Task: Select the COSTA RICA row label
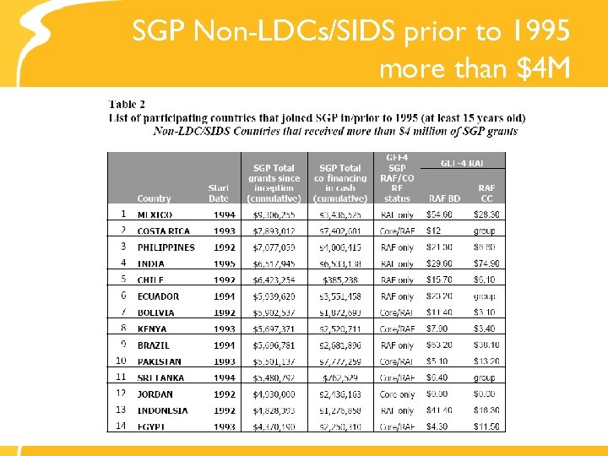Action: click(x=164, y=231)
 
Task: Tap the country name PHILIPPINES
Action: click(x=166, y=247)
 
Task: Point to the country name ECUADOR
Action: click(x=159, y=296)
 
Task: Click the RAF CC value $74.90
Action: click(x=486, y=263)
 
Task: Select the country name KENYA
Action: click(x=153, y=328)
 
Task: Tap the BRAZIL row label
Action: click(x=154, y=345)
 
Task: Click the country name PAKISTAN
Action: click(x=160, y=361)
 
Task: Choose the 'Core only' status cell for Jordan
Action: click(x=397, y=394)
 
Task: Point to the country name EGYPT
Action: click(x=153, y=426)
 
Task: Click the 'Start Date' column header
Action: click(x=219, y=193)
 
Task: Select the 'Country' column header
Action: click(x=154, y=198)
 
